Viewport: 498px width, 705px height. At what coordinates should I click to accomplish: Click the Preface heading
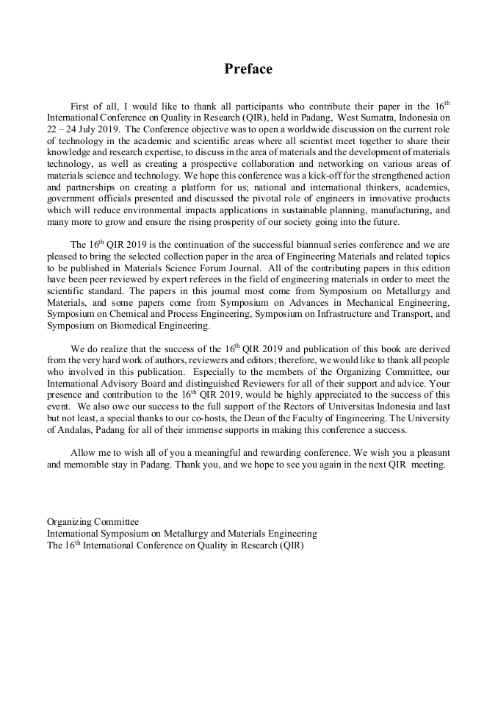(x=248, y=69)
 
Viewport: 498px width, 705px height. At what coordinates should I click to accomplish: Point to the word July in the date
(x=100, y=127)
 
